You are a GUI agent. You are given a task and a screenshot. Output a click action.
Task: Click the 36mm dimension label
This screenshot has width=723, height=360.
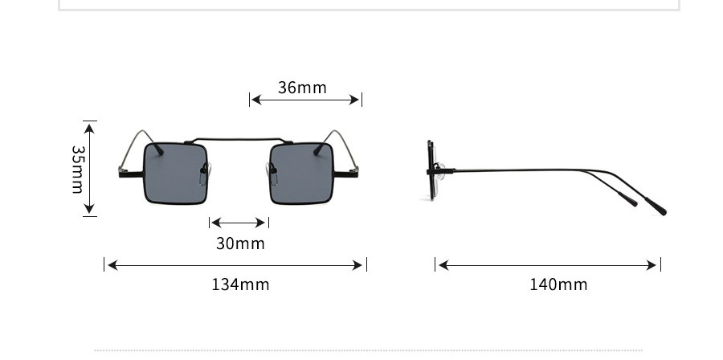point(302,88)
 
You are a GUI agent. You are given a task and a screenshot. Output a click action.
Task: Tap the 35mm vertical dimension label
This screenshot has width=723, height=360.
point(78,170)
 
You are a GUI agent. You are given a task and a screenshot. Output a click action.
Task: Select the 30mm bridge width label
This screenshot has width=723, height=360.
point(240,243)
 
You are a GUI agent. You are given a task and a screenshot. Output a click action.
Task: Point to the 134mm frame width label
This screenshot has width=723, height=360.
point(240,284)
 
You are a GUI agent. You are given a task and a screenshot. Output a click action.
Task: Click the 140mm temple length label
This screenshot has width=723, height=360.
point(558,284)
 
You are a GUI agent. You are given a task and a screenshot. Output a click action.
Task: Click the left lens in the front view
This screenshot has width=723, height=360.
point(175,174)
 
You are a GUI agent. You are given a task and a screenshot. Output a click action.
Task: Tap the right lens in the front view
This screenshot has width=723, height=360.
point(301,174)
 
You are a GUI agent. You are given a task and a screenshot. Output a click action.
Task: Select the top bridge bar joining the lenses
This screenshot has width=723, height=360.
point(239,139)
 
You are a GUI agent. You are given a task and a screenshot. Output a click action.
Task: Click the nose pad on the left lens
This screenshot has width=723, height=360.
point(204,174)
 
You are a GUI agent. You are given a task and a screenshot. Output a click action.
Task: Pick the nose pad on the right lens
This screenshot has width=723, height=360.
point(272,174)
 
